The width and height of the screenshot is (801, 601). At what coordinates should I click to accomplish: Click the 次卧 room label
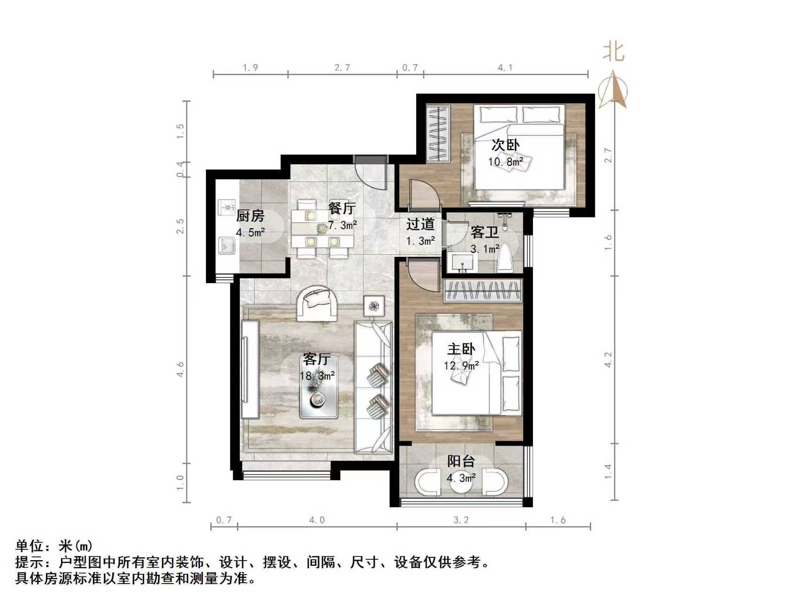[x=505, y=145]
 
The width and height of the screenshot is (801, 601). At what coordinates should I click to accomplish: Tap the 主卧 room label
[x=461, y=349]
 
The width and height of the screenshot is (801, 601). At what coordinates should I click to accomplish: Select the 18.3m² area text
[x=317, y=376]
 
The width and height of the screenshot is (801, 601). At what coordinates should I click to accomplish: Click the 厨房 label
[x=250, y=216]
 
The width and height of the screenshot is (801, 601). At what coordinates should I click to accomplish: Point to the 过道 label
[x=420, y=224]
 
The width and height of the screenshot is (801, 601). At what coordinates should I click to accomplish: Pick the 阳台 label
[x=461, y=462]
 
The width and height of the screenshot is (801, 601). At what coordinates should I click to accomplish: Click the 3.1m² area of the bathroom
[x=485, y=249]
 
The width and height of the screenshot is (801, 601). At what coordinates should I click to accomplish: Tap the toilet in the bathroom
[x=505, y=258]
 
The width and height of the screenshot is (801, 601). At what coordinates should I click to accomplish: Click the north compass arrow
[x=614, y=89]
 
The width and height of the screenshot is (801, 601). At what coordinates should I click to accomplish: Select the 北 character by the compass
[x=613, y=51]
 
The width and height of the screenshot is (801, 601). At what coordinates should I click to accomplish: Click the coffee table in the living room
[x=319, y=397]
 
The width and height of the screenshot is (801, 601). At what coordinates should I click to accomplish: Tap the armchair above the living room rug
[x=317, y=303]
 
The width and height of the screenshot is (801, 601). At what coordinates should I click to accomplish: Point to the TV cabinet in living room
[x=250, y=369]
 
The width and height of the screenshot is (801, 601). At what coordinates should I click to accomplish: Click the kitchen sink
[x=227, y=245]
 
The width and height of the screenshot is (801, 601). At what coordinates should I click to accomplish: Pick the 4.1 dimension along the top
[x=505, y=68]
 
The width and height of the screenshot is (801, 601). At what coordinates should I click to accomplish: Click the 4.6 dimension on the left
[x=180, y=369]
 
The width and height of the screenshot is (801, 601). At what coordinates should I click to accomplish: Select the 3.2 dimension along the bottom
[x=461, y=520]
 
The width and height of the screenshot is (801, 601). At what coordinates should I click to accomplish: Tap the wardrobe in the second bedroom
[x=438, y=133]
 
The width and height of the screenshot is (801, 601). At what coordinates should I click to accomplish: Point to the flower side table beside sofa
[x=374, y=306]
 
